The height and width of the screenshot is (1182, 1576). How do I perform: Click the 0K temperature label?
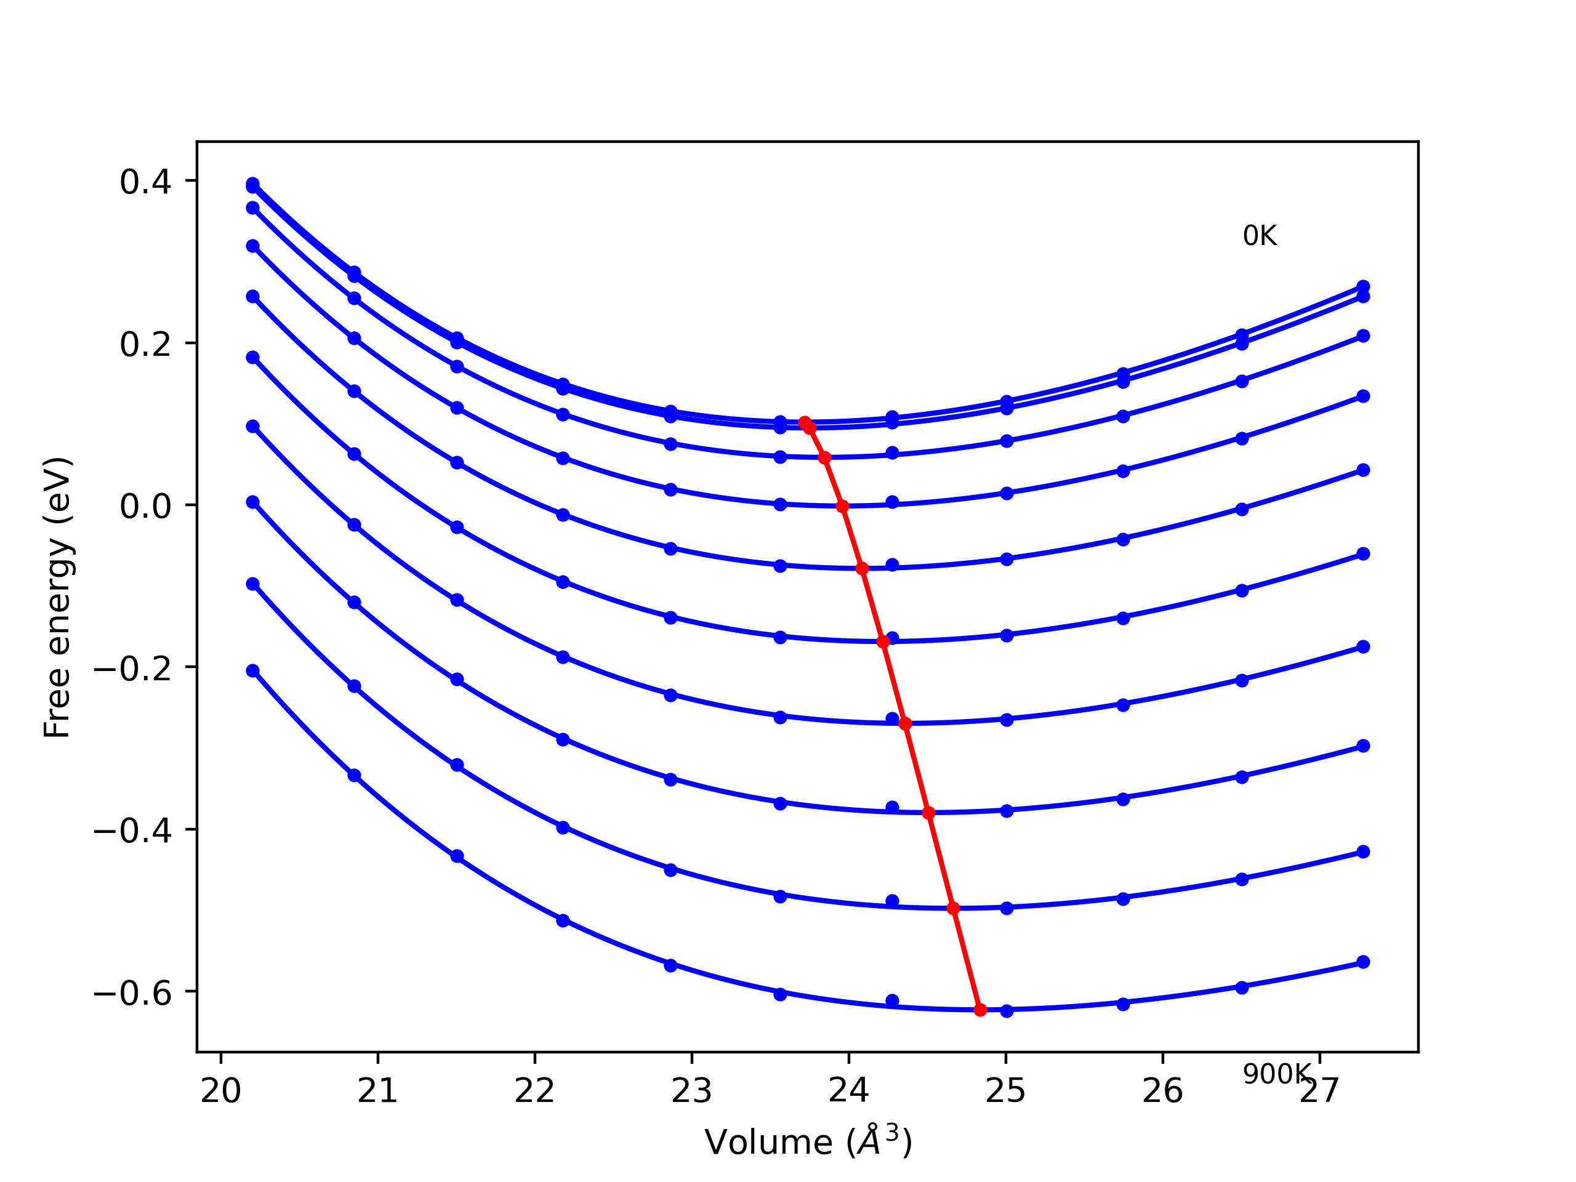1260,236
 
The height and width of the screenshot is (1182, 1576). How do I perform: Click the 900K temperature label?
1276,1074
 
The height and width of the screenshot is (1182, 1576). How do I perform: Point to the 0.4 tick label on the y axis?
145,182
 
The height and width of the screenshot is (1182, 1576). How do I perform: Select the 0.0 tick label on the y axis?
145,506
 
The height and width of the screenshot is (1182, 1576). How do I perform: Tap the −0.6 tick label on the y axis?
132,992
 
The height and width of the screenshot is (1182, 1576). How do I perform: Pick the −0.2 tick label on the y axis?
132,669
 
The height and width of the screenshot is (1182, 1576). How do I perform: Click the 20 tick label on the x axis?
221,1092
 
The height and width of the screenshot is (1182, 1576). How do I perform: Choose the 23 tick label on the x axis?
692,1092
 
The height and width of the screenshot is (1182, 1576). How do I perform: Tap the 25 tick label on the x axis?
1005,1092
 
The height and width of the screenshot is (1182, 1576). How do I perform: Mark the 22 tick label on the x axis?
534,1092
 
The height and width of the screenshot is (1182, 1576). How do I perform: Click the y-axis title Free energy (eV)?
57,597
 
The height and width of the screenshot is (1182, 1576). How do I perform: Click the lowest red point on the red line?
980,1010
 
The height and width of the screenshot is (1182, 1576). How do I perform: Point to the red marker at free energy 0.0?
842,506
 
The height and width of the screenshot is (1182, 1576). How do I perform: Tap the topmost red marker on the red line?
805,422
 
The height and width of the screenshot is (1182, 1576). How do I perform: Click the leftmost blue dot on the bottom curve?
253,670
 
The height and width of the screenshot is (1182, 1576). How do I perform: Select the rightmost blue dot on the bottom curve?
1363,962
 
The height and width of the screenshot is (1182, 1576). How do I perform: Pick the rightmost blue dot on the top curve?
1363,286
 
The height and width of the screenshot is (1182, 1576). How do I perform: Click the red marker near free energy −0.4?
928,813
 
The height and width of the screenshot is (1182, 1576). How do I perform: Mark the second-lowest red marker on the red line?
953,909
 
